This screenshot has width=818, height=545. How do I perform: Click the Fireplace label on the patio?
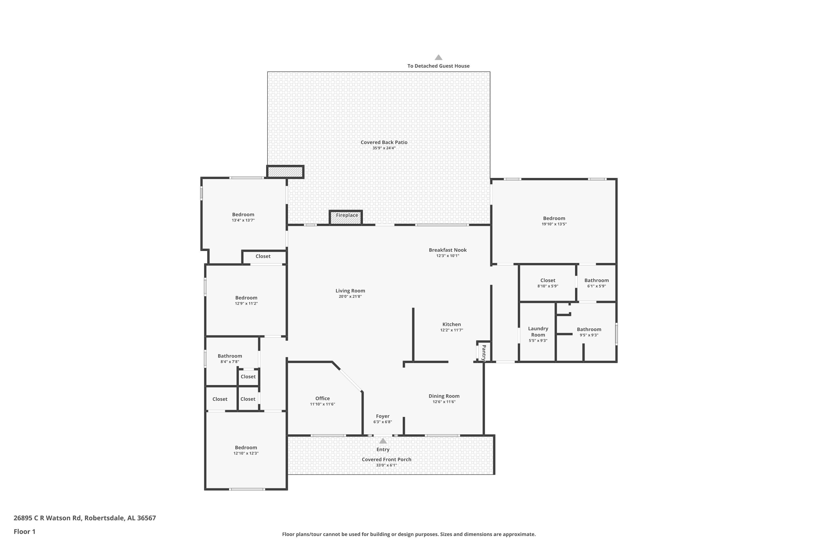347,215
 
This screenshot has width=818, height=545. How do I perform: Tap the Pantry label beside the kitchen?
484,352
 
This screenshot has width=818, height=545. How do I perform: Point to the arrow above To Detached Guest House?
438,57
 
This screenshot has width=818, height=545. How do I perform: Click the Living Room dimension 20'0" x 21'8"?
350,296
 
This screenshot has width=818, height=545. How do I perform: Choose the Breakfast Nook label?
448,250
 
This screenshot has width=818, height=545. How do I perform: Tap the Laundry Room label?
538,332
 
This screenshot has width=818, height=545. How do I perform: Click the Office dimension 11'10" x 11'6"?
322,404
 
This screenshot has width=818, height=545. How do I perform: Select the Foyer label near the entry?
383,416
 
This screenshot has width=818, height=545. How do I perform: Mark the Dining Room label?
444,396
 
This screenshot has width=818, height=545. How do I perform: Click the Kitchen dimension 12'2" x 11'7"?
452,330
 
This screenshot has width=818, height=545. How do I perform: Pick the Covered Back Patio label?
384,142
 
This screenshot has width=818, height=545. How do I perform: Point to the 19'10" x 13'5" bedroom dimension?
554,224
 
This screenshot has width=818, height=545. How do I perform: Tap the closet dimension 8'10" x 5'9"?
548,286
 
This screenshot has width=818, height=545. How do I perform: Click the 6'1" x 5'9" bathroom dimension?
597,286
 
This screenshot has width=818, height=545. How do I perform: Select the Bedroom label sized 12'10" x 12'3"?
246,448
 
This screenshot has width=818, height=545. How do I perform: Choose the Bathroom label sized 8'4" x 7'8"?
230,356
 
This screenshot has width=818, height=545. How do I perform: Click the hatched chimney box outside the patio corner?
285,172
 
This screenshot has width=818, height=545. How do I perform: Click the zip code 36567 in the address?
146,518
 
